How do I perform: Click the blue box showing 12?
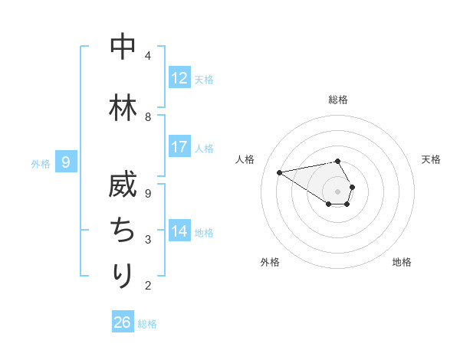(179, 78)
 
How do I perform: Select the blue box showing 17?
(179, 147)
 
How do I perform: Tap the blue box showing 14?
(179, 231)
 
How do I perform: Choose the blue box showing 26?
(123, 322)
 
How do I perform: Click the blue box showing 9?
(66, 162)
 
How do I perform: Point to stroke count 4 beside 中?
(147, 56)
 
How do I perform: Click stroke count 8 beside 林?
(147, 117)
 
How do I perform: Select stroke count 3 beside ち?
(147, 240)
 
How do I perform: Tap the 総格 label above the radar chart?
(338, 100)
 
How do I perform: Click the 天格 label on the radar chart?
(431, 159)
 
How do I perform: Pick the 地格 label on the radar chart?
(402, 262)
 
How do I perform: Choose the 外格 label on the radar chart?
(270, 262)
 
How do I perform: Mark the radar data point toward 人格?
(279, 172)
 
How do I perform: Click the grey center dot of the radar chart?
(337, 191)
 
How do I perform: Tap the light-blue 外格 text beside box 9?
(40, 162)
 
